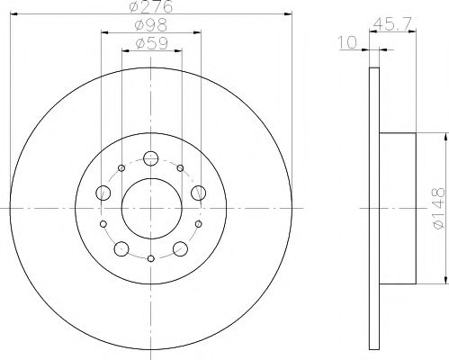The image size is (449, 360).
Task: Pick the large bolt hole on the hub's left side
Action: pos(104,193)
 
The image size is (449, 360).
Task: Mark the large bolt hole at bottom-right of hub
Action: pos(180,248)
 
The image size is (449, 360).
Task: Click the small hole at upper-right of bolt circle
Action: pos(181,168)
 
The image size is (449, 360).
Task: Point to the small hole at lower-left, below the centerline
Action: pos(103,223)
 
